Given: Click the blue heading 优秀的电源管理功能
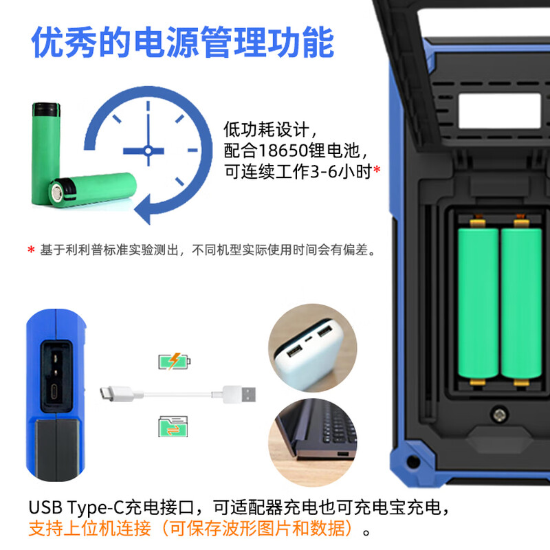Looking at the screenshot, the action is pyautogui.click(x=182, y=42).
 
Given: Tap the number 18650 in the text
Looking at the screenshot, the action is pyautogui.click(x=283, y=151).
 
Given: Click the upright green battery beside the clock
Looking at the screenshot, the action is pyautogui.click(x=45, y=153).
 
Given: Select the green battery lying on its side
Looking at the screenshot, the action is pyautogui.click(x=93, y=190).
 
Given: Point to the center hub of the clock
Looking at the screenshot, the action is pyautogui.click(x=148, y=151).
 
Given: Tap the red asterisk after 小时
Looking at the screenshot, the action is pyautogui.click(x=377, y=170).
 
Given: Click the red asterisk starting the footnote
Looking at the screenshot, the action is pyautogui.click(x=31, y=250).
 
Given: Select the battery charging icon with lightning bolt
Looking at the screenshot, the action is pyautogui.click(x=175, y=361).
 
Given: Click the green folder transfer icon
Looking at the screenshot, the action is pyautogui.click(x=173, y=426).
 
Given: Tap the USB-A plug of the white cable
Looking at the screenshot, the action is pyautogui.click(x=239, y=394).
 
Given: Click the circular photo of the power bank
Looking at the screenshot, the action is pyautogui.click(x=313, y=348).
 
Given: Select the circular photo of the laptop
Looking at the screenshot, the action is pyautogui.click(x=313, y=442).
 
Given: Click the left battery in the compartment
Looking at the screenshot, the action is pyautogui.click(x=478, y=304).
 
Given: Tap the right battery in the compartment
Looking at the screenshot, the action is pyautogui.click(x=521, y=304).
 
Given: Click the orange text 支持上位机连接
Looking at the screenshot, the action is pyautogui.click(x=90, y=528).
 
